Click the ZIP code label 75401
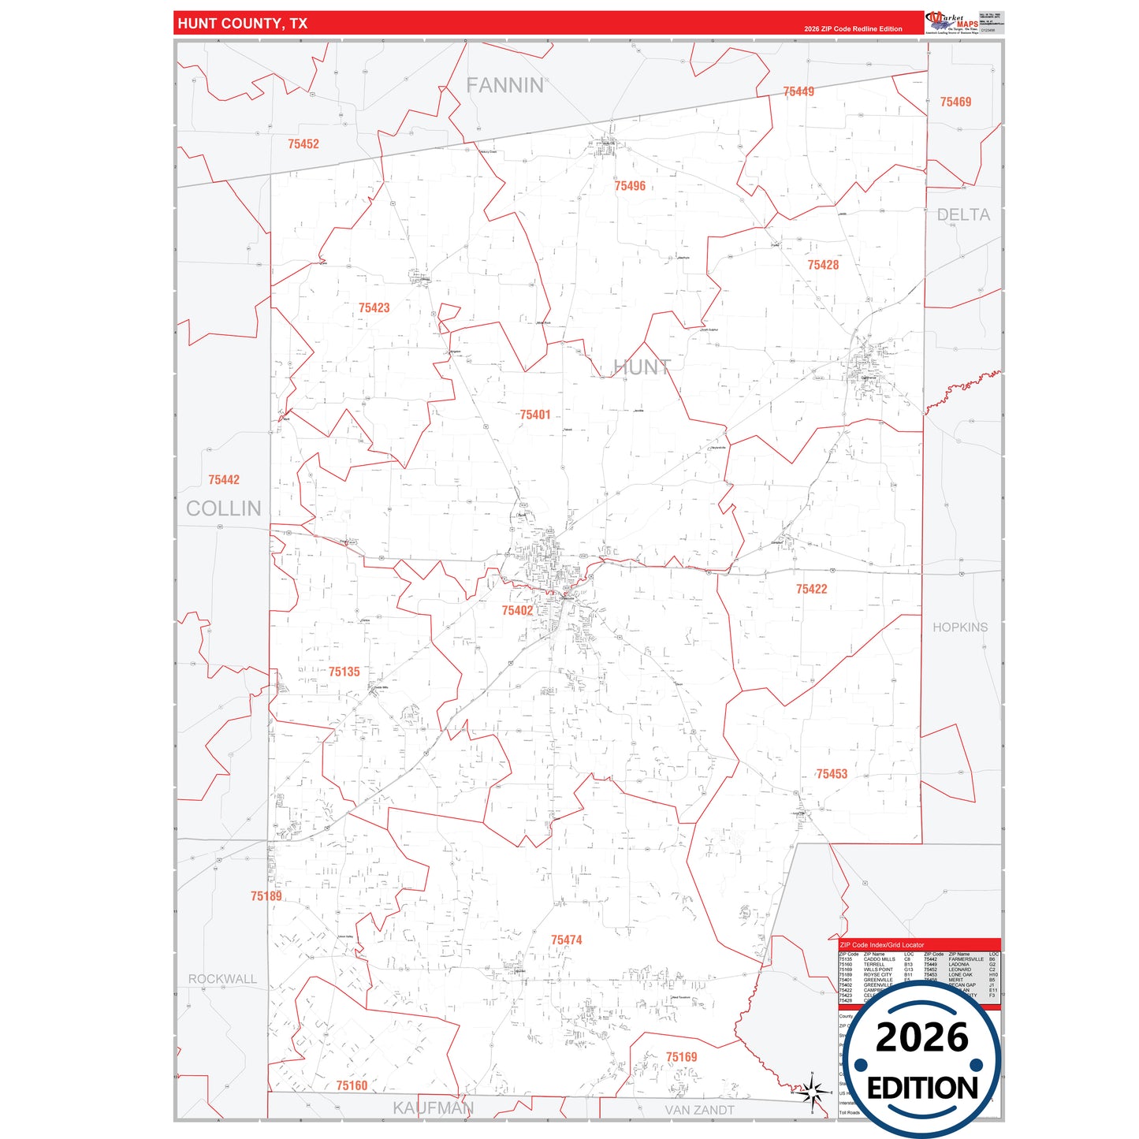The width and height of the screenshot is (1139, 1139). [x=534, y=415]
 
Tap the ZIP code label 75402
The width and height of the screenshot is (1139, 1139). [x=517, y=610]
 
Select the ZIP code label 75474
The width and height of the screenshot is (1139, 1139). [x=566, y=940]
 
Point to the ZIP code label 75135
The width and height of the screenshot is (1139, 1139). [x=344, y=672]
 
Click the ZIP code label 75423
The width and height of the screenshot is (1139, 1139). [x=374, y=307]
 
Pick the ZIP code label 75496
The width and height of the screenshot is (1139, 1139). [x=630, y=186]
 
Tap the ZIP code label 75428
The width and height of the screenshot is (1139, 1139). [x=823, y=265]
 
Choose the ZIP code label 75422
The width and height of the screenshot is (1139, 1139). [x=811, y=589]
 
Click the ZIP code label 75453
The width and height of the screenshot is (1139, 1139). [x=832, y=774]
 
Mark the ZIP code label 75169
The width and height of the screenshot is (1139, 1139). [x=681, y=1057]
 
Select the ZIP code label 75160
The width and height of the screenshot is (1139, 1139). [x=352, y=1085]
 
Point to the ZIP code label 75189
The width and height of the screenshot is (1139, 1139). [x=266, y=896]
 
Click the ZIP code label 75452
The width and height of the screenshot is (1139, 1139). [x=303, y=143]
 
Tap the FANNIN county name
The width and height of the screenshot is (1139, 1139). [x=504, y=85]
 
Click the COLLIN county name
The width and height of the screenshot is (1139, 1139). [x=224, y=508]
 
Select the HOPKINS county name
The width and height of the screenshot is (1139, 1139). [x=960, y=627]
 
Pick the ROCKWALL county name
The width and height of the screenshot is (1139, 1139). [x=222, y=979]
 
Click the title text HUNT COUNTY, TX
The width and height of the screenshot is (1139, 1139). [x=243, y=24]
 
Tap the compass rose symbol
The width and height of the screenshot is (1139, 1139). [x=811, y=1092]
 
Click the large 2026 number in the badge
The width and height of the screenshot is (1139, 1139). [x=921, y=1037]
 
